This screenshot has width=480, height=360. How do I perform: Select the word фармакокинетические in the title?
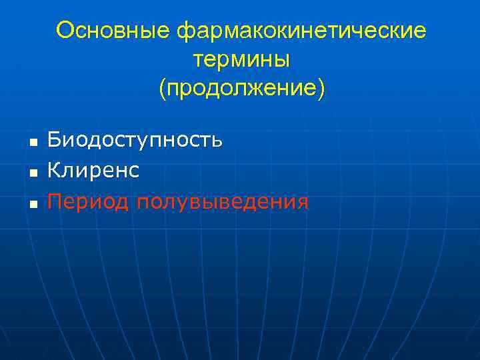301,31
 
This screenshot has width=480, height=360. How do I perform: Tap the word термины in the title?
241,60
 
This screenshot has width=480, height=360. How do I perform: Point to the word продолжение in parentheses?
241,89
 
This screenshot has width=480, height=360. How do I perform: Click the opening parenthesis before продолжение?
162,89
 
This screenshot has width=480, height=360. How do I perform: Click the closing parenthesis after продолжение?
321,89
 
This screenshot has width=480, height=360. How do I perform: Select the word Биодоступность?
135,141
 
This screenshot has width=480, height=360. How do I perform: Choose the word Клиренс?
93,171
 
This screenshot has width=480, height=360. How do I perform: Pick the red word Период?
89,202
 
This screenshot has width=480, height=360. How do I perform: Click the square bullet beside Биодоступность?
31,142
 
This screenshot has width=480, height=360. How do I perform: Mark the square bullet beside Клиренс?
31,173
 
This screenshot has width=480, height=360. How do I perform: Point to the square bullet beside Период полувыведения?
31,203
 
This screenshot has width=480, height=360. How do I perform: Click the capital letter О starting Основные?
65,31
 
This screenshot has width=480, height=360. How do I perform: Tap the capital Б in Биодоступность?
53,140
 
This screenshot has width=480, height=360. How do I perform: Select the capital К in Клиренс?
53,171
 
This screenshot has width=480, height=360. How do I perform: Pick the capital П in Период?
54,201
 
